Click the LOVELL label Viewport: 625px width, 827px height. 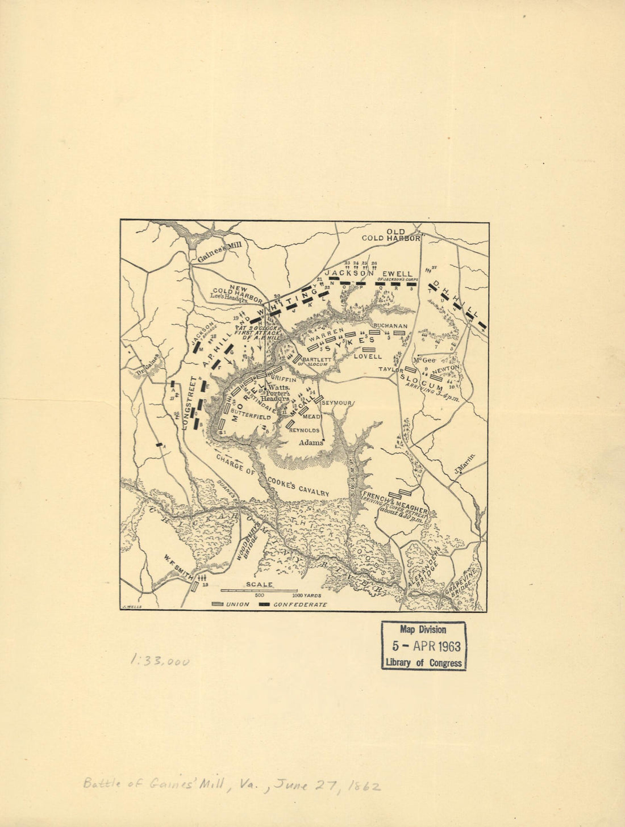[367, 356]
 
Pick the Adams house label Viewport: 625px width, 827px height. [310, 442]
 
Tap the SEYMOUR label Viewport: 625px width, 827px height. [338, 403]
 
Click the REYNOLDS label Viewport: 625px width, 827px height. [305, 430]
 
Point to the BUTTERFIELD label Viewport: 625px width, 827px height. [250, 417]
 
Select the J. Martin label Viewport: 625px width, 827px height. [465, 466]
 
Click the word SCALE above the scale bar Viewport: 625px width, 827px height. [258, 584]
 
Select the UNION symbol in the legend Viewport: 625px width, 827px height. [217, 604]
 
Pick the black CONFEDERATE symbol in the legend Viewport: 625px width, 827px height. [264, 604]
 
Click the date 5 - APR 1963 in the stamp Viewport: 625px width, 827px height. [427, 646]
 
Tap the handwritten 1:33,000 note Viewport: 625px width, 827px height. [160, 661]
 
